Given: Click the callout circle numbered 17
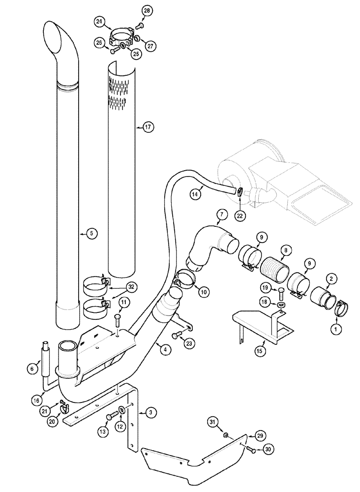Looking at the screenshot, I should point(149,127).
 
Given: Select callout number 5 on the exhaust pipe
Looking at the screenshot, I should point(90,234).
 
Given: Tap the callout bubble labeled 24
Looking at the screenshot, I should point(100,21).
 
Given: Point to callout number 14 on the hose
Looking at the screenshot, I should point(195,194).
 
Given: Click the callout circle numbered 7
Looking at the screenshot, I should point(222,214).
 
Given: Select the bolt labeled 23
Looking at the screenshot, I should point(178,335).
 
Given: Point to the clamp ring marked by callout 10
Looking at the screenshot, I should point(185,278).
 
